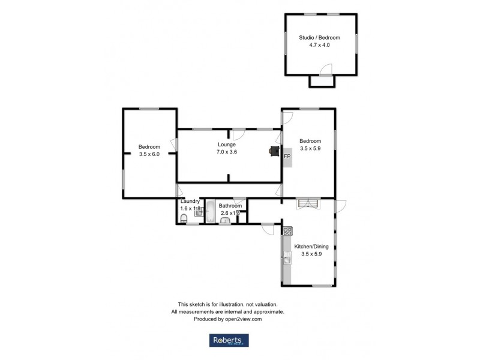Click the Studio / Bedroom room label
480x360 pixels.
pos(323,37)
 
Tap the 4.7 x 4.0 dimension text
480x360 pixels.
pos(323,44)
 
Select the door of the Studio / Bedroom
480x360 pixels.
pos(324,71)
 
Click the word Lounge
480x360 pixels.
pos(226,145)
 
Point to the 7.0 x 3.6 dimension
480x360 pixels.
pos(226,152)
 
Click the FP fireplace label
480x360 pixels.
pos(287,157)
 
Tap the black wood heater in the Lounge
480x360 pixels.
pos(274,151)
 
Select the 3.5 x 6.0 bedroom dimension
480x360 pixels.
pos(149,154)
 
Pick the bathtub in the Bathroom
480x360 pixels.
pos(211,212)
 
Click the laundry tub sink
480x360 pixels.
pos(199,211)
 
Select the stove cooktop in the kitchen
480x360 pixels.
pos(287,231)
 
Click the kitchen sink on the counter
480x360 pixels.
pos(287,259)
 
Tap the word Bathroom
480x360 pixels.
pos(230,205)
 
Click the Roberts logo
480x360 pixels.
pos(228,340)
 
